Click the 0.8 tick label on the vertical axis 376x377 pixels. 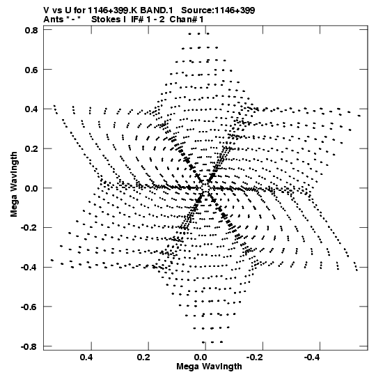click(x=31, y=30)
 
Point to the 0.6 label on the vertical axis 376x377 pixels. click(x=31, y=70)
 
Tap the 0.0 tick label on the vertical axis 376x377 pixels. click(x=31, y=188)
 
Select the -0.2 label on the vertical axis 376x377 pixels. click(x=29, y=228)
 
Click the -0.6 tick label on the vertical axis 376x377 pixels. click(x=29, y=307)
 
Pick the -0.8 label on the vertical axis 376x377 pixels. click(x=29, y=346)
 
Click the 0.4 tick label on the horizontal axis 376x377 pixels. click(x=86, y=357)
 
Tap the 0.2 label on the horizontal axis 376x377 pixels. click(x=143, y=357)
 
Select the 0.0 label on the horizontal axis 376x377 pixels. click(x=201, y=357)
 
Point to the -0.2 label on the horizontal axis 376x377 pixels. click(x=256, y=357)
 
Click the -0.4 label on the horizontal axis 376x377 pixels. click(x=313, y=357)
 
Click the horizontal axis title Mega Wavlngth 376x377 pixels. click(x=209, y=367)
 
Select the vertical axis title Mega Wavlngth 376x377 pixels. click(x=14, y=185)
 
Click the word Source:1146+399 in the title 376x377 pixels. click(x=218, y=10)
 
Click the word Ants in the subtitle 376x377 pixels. click(x=54, y=20)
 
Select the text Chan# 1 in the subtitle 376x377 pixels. click(x=187, y=20)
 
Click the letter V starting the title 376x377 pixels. click(x=46, y=10)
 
